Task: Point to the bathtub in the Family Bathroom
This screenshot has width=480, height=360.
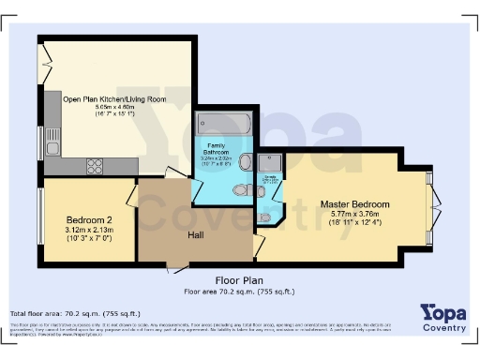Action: point(224,124)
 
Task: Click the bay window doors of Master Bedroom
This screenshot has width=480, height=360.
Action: point(433,204)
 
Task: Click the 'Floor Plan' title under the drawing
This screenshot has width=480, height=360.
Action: point(239,280)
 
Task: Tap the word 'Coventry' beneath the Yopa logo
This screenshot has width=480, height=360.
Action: point(445,328)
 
